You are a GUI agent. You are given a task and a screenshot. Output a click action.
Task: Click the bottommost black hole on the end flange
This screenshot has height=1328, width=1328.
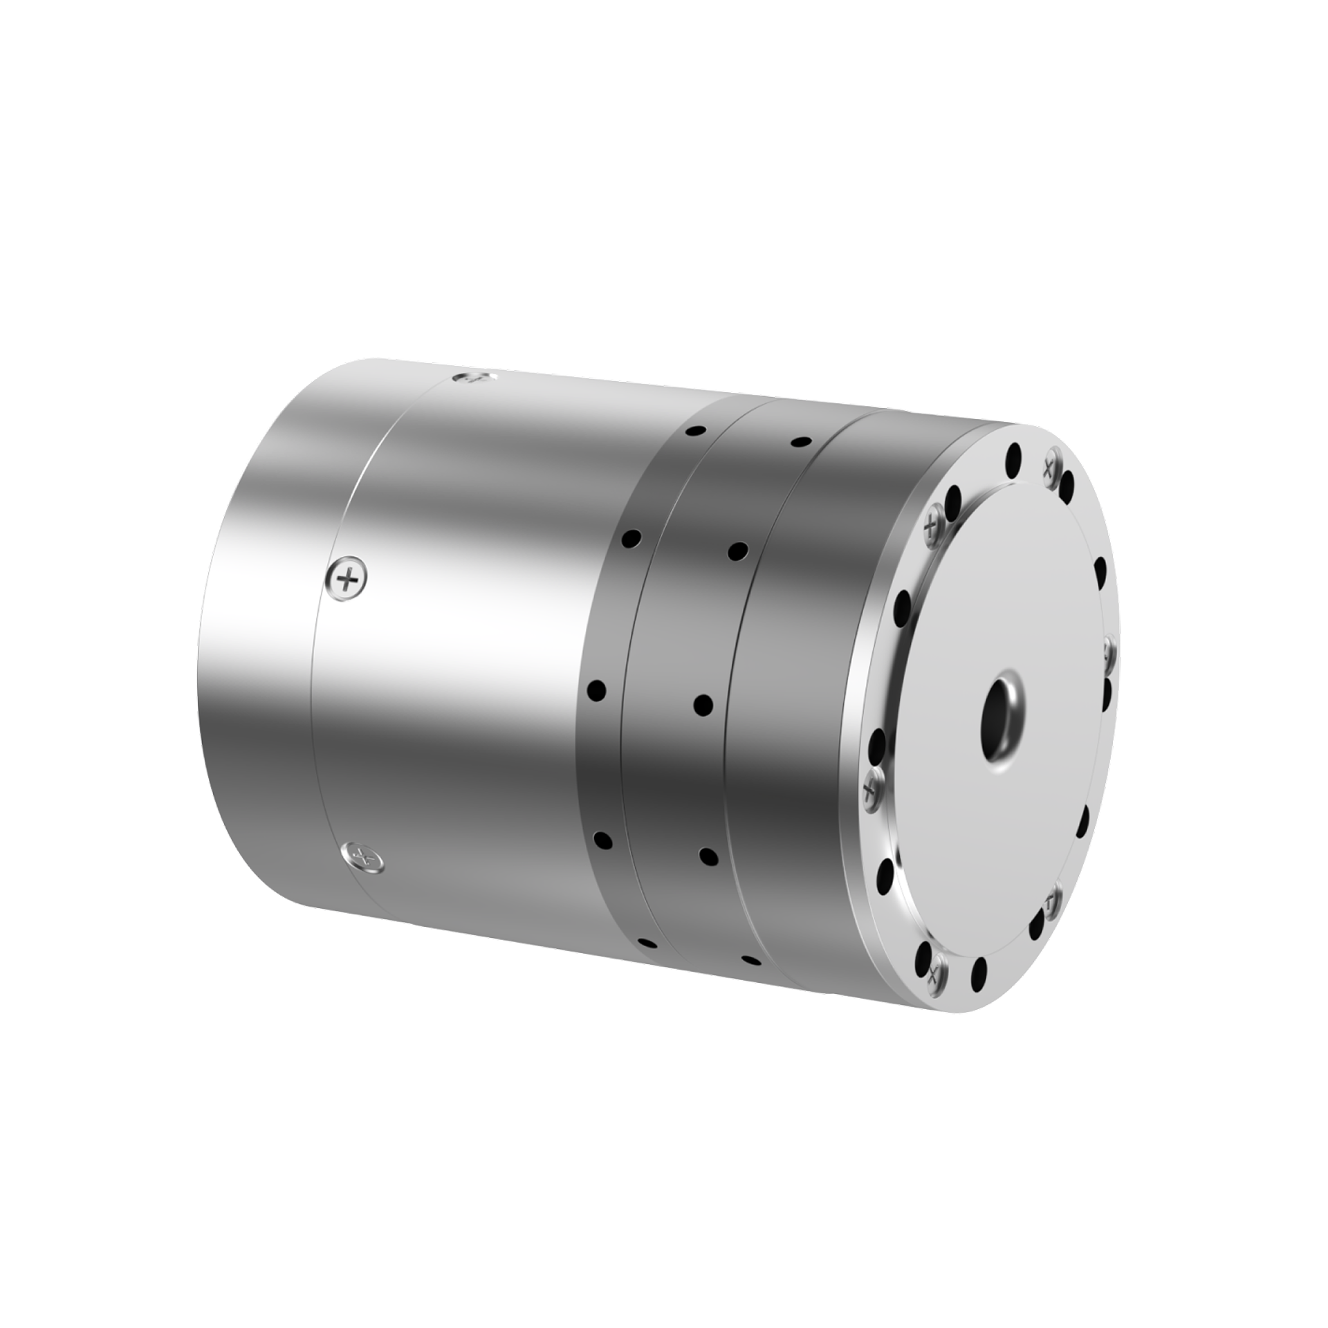979,974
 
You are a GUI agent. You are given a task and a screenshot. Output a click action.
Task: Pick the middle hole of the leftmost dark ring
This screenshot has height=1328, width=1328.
597,690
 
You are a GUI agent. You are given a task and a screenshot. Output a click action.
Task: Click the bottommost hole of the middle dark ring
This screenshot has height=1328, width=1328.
750,960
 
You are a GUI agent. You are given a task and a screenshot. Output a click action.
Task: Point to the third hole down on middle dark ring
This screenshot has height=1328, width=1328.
703,705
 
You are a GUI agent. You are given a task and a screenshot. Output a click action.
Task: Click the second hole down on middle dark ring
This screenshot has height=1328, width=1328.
738,551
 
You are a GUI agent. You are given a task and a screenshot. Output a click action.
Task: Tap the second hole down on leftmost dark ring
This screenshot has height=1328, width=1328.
632,537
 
